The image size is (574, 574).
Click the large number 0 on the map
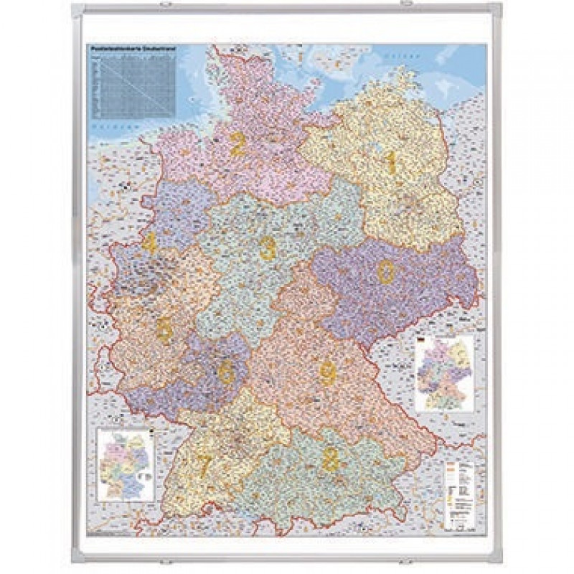tap(386, 271)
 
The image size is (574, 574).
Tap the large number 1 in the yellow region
tap(391, 163)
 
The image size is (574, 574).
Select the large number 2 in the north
tap(237, 145)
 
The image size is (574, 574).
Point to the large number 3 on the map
tap(268, 248)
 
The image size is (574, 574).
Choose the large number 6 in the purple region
tap(227, 372)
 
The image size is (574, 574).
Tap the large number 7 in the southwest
tap(204, 466)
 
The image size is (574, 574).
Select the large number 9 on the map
tap(328, 372)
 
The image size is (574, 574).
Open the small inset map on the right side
tap(445, 373)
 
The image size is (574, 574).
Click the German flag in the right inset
tap(422, 343)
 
